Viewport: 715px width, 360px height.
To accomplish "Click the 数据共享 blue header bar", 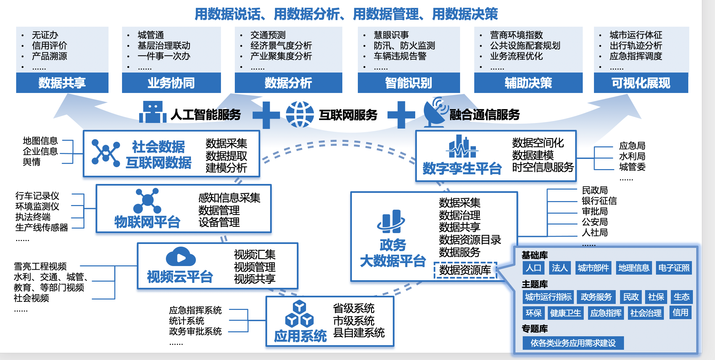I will click(x=62, y=83).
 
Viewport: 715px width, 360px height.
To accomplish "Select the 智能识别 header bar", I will click(x=409, y=83).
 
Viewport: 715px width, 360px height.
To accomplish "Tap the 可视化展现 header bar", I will click(x=641, y=83).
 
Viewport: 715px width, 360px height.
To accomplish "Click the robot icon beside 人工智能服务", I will click(x=152, y=112).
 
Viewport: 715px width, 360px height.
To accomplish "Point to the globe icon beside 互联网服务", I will click(x=300, y=114).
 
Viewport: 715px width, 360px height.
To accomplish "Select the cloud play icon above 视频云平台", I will click(x=181, y=257).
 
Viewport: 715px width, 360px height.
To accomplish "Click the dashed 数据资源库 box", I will click(x=465, y=270).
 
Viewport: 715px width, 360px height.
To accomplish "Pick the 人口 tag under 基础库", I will click(x=533, y=268).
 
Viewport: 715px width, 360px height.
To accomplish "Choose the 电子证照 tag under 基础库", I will click(x=674, y=268).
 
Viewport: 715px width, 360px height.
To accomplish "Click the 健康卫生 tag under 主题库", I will click(x=565, y=313).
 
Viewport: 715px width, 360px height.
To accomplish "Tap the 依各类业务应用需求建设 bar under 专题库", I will click(x=573, y=343).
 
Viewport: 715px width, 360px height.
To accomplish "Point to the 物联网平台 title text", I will click(x=147, y=222).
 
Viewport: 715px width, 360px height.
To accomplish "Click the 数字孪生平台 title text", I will click(x=462, y=168).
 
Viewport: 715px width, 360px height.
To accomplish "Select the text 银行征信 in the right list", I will click(x=599, y=201).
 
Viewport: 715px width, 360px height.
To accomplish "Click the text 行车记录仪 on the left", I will click(x=37, y=196).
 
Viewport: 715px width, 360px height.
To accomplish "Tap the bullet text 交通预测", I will click(x=268, y=35).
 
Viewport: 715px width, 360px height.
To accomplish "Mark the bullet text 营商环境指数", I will click(x=516, y=35).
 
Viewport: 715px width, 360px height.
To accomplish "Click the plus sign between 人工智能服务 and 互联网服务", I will click(x=266, y=115).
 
